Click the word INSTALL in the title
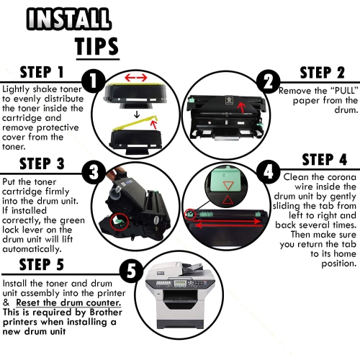(69, 19)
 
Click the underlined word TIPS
(97, 46)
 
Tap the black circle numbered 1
(94, 81)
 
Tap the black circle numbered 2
(269, 81)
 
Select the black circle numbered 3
(94, 172)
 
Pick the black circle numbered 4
(269, 172)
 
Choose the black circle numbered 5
(132, 271)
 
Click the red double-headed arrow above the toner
(136, 78)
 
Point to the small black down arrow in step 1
(137, 114)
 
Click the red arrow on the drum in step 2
(242, 107)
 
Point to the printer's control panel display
(180, 284)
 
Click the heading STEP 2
(323, 73)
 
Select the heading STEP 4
(325, 160)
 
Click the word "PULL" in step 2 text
(344, 91)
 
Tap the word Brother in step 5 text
(106, 312)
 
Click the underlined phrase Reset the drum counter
(68, 303)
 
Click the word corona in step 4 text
(342, 177)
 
